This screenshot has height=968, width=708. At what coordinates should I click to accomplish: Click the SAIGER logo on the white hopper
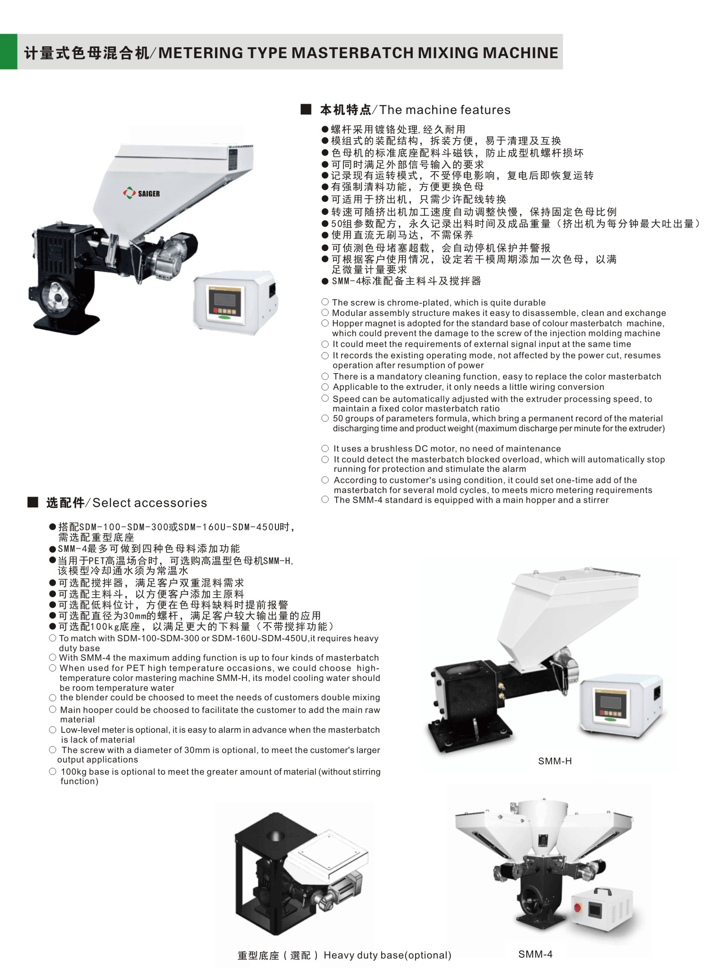[141, 193]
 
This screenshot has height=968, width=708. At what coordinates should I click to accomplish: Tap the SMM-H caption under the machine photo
[554, 761]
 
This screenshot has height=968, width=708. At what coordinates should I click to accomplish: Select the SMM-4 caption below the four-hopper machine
[535, 954]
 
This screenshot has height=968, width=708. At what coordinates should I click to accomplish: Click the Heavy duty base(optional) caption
[388, 955]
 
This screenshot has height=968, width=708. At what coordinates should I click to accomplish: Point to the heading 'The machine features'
[445, 110]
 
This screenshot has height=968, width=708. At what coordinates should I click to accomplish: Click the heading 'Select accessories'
[150, 503]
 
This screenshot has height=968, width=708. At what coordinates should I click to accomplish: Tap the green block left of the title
[9, 51]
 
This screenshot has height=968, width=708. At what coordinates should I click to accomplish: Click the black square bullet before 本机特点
[306, 110]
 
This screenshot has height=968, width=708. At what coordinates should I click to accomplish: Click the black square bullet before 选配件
[33, 502]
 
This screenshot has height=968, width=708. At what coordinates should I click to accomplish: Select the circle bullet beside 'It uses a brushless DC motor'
[325, 448]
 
